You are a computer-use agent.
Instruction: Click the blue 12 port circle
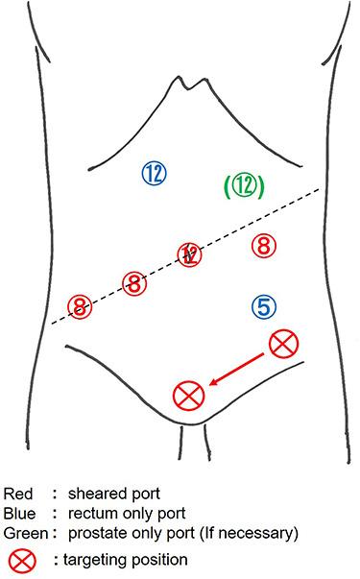[x=155, y=174]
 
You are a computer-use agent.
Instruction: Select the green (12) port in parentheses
[x=243, y=185]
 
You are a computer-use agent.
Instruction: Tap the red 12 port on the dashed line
[x=190, y=254]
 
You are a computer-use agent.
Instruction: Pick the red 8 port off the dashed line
[x=262, y=245]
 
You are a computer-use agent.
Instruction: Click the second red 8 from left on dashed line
[x=134, y=282]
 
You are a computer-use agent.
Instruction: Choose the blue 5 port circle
[x=265, y=306]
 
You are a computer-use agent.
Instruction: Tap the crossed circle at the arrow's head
[x=189, y=394]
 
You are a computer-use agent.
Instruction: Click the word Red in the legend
[x=18, y=494]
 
